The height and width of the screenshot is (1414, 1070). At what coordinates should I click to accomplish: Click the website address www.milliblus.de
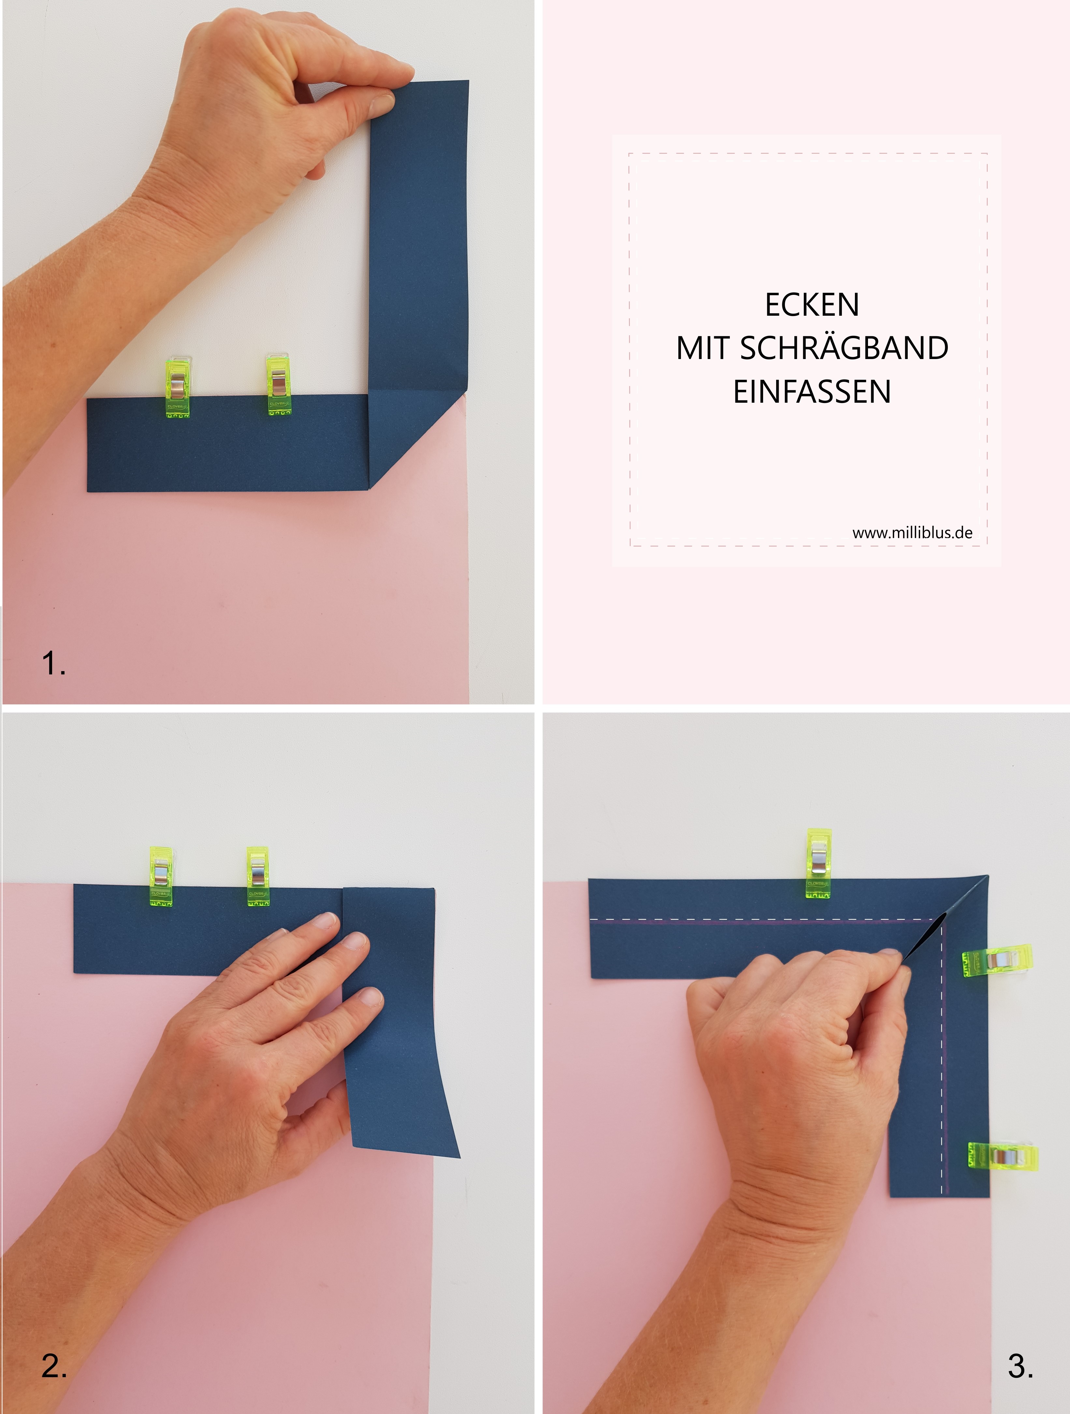pyautogui.click(x=912, y=532)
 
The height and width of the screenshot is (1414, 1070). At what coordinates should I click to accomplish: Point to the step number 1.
pyautogui.click(x=54, y=663)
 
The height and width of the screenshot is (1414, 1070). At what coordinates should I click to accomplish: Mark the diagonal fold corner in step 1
pyautogui.click(x=369, y=490)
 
